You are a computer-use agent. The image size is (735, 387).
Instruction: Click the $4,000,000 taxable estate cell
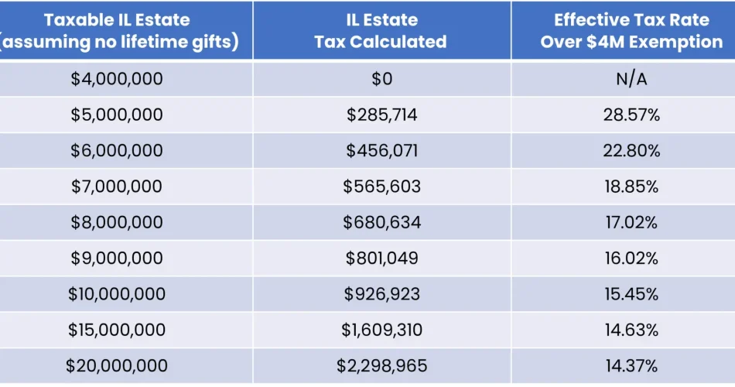tap(117, 79)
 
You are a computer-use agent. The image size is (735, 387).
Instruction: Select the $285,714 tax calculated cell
tap(381, 115)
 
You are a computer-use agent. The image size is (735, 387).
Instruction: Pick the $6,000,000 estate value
tap(117, 151)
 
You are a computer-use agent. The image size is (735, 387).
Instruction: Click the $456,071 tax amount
tap(381, 151)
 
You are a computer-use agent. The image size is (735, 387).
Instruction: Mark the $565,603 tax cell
tap(381, 187)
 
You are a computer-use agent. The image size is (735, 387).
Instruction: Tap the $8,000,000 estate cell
tap(117, 223)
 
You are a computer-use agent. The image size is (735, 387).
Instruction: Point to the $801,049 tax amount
tap(381, 259)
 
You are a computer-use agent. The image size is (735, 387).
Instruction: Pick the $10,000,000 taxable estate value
tap(117, 294)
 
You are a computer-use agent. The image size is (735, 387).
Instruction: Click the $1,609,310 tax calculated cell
tap(381, 330)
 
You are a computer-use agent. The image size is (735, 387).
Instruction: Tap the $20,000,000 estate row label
tap(117, 366)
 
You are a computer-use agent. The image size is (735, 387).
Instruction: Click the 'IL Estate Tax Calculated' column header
tap(381, 31)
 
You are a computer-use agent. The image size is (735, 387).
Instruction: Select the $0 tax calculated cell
tap(381, 79)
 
